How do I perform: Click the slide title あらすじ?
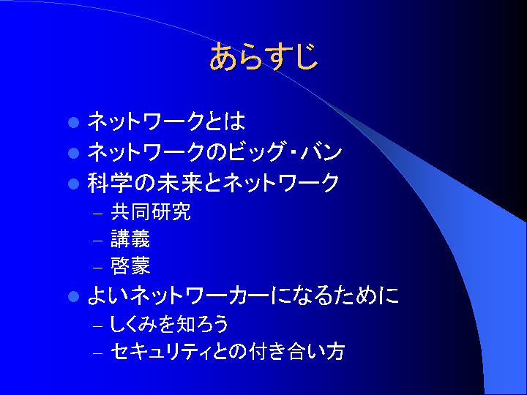tap(263, 56)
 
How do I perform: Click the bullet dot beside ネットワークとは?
tap(73, 122)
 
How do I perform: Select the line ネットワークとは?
tap(166, 121)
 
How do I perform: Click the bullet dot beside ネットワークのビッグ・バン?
tap(73, 153)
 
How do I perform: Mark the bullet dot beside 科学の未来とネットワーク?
tap(73, 184)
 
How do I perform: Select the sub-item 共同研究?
tap(151, 211)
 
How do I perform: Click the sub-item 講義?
tap(130, 238)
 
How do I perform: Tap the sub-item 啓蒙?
tap(130, 266)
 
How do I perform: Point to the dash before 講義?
tap(97, 241)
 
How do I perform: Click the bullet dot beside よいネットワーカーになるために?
tap(73, 296)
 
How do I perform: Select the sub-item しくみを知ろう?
tap(169, 324)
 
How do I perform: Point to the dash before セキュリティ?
tap(97, 353)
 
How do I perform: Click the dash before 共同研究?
tap(97, 214)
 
